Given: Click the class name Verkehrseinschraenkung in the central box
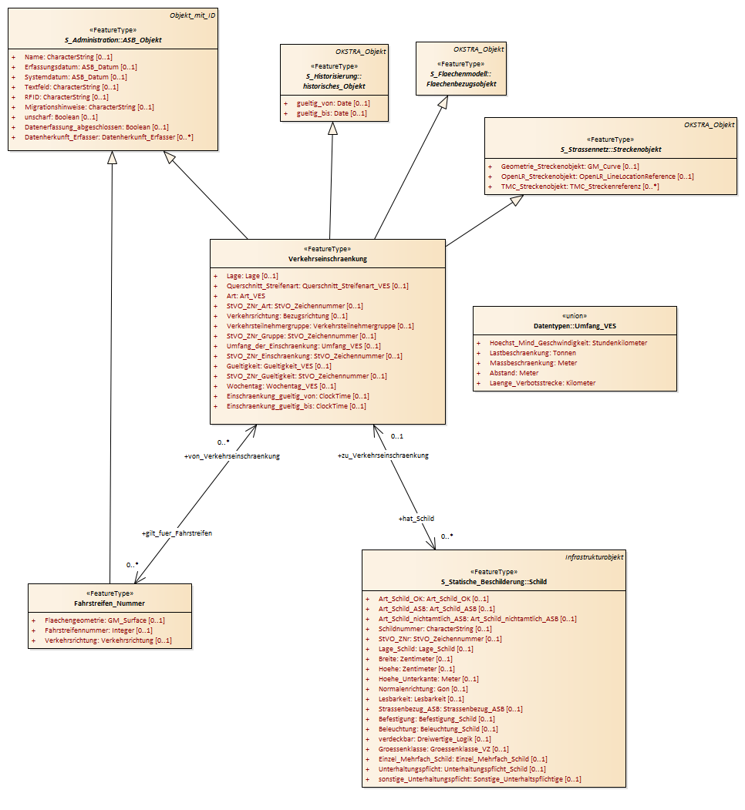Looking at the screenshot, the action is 327,259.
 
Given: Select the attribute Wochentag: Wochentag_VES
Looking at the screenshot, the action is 281,386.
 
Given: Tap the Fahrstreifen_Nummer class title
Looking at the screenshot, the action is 109,603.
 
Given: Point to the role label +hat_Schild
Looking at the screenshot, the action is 416,519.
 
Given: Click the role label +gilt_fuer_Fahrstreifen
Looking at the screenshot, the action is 177,533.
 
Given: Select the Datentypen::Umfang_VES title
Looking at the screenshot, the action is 575,326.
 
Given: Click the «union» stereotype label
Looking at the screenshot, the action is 575,316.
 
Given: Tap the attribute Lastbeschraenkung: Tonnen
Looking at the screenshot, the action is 532,353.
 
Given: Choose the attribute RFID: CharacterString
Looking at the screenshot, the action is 66,97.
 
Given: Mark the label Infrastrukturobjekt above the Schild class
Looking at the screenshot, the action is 594,557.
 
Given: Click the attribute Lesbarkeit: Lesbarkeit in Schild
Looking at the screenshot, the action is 421,699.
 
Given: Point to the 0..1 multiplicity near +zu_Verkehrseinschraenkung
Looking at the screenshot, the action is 397,436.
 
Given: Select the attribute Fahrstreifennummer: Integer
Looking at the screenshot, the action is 98,630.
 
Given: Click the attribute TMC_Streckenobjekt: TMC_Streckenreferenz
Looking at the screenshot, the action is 580,187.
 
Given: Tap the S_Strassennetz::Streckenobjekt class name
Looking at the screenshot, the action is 611,150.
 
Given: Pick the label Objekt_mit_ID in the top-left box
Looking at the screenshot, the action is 192,15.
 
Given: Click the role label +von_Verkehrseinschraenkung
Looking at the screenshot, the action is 231,456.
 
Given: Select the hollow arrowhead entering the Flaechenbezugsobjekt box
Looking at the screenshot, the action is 443,103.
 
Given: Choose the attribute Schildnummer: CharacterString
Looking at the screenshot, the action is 435,629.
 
